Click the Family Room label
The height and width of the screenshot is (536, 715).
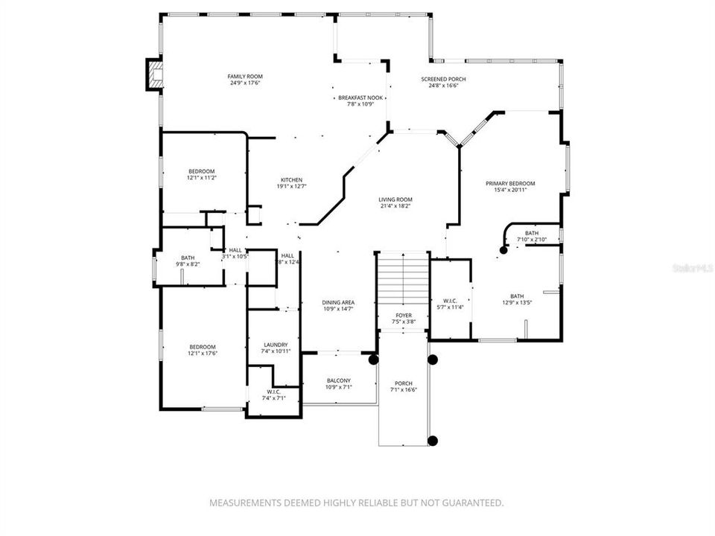(245, 77)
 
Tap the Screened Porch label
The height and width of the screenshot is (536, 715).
(443, 80)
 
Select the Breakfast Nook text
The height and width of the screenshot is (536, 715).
(360, 98)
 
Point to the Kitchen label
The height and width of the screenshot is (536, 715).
(291, 180)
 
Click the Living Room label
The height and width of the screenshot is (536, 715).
(395, 200)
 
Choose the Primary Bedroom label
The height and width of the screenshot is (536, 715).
(510, 184)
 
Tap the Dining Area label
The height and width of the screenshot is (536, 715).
(338, 302)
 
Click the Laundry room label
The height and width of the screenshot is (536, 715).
(276, 345)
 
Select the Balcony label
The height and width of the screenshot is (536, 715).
(338, 380)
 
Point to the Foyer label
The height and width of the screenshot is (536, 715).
(404, 316)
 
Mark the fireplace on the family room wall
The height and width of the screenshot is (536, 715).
(154, 74)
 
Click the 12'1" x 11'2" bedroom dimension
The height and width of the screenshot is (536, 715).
(202, 178)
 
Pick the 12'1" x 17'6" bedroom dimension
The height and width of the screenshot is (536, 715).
(202, 353)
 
